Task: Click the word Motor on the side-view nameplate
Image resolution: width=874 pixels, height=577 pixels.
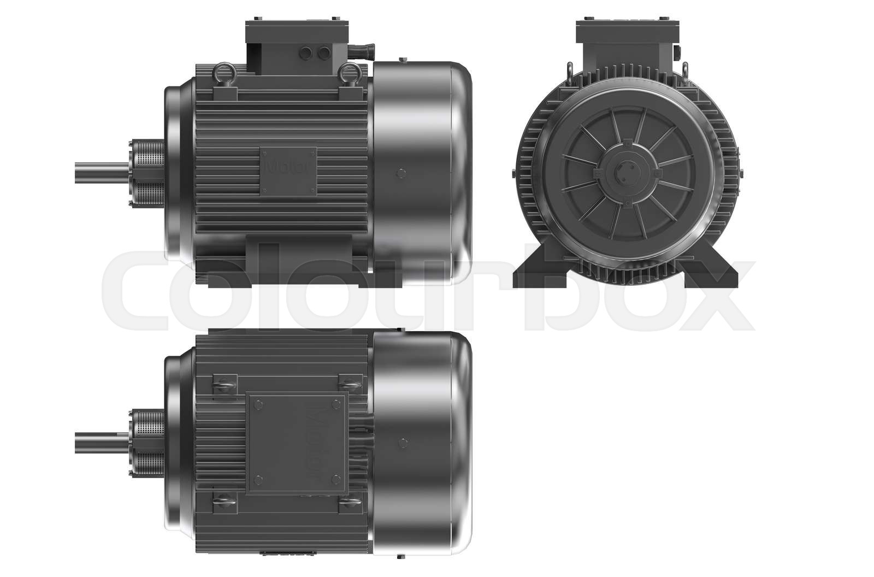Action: (287, 167)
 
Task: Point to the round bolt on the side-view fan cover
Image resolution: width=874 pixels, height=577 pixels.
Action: (403, 174)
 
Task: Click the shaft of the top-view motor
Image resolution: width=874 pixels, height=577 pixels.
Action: (101, 441)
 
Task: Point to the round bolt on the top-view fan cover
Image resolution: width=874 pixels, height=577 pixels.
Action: (403, 442)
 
